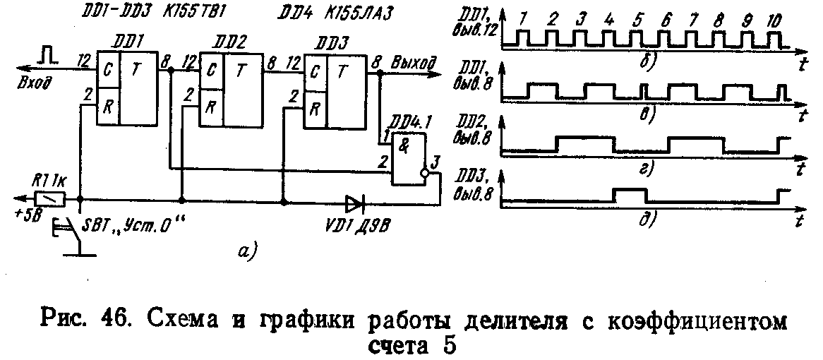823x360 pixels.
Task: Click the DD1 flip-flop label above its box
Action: (x=128, y=41)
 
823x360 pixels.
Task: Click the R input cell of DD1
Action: (x=108, y=108)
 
